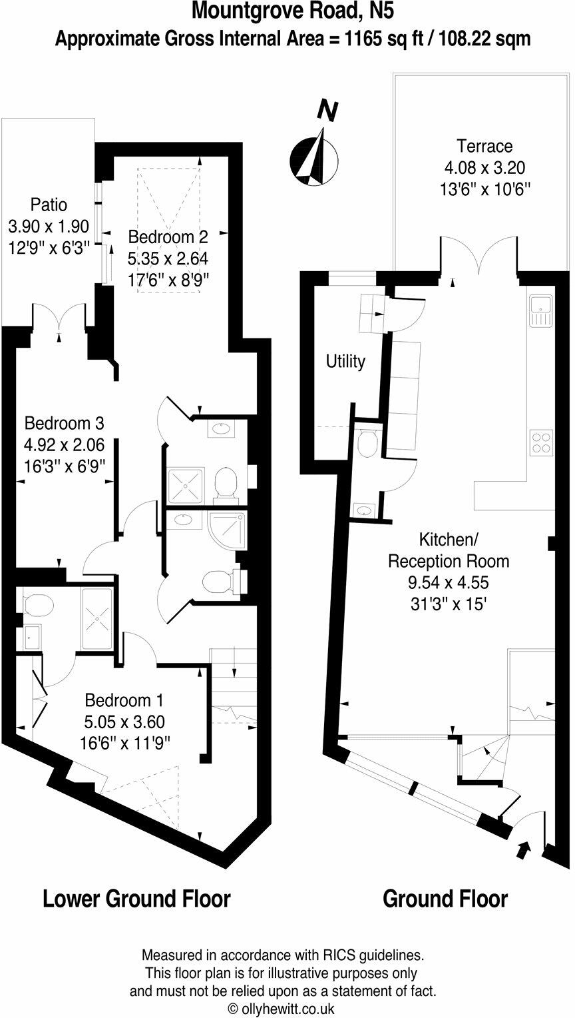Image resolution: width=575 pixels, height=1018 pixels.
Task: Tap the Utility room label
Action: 345,361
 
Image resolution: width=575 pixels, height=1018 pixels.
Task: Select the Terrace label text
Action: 484,146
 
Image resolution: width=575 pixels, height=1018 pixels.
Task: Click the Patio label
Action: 48,205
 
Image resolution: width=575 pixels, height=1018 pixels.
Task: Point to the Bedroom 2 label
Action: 168,236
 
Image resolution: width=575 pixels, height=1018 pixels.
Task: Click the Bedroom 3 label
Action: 64,423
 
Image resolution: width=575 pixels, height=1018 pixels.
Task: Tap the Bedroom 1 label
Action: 124,700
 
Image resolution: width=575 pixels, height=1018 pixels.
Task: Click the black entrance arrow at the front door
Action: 524,848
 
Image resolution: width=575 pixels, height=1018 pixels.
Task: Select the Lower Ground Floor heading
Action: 136,899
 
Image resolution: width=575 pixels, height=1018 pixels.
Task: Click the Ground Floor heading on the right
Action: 445,899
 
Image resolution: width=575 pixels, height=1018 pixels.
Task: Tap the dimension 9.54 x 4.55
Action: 448,582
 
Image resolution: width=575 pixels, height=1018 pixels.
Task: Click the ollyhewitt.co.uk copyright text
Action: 282,1009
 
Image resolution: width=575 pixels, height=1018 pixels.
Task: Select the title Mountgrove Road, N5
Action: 287,11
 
